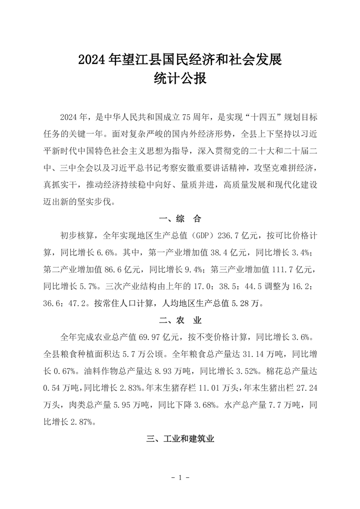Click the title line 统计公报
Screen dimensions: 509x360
click(x=180, y=79)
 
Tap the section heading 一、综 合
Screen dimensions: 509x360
click(x=180, y=219)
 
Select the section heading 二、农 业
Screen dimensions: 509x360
click(x=180, y=321)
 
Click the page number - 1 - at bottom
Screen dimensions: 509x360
click(x=180, y=477)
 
